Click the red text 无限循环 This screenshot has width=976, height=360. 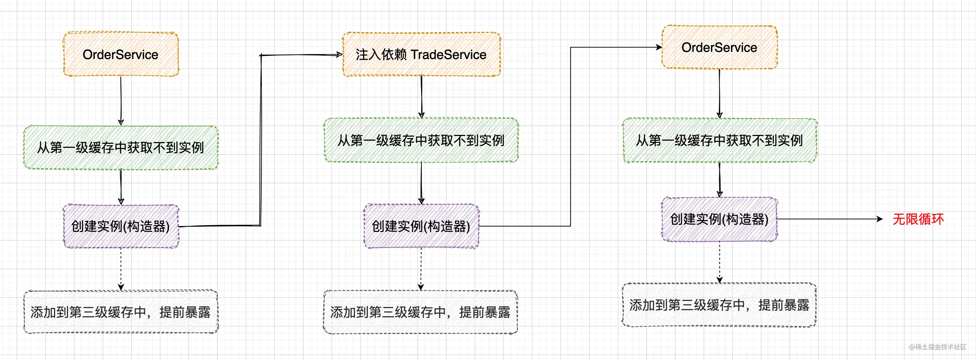tap(918, 219)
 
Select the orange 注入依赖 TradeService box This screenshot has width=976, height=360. tap(421, 54)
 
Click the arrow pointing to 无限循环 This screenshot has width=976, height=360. tap(830, 219)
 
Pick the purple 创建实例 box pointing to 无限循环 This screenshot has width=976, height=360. tap(719, 219)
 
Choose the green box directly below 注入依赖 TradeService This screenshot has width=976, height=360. tap(421, 140)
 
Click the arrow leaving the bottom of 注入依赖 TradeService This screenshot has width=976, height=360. tap(421, 97)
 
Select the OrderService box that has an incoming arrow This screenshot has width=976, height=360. tap(719, 47)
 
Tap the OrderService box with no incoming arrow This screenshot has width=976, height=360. tap(121, 54)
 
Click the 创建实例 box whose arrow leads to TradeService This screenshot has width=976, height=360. tap(121, 226)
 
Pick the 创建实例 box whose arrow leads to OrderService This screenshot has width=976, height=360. tap(421, 226)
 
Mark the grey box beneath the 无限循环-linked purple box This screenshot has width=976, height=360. tap(719, 305)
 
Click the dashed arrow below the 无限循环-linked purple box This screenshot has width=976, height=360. tap(719, 262)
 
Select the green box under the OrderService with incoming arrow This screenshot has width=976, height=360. tap(719, 140)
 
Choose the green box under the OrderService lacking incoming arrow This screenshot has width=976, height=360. tap(121, 147)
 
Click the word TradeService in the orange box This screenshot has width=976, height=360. tap(448, 54)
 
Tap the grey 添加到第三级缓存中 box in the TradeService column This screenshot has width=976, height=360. tap(420, 312)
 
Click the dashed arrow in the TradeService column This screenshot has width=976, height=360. tap(421, 269)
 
